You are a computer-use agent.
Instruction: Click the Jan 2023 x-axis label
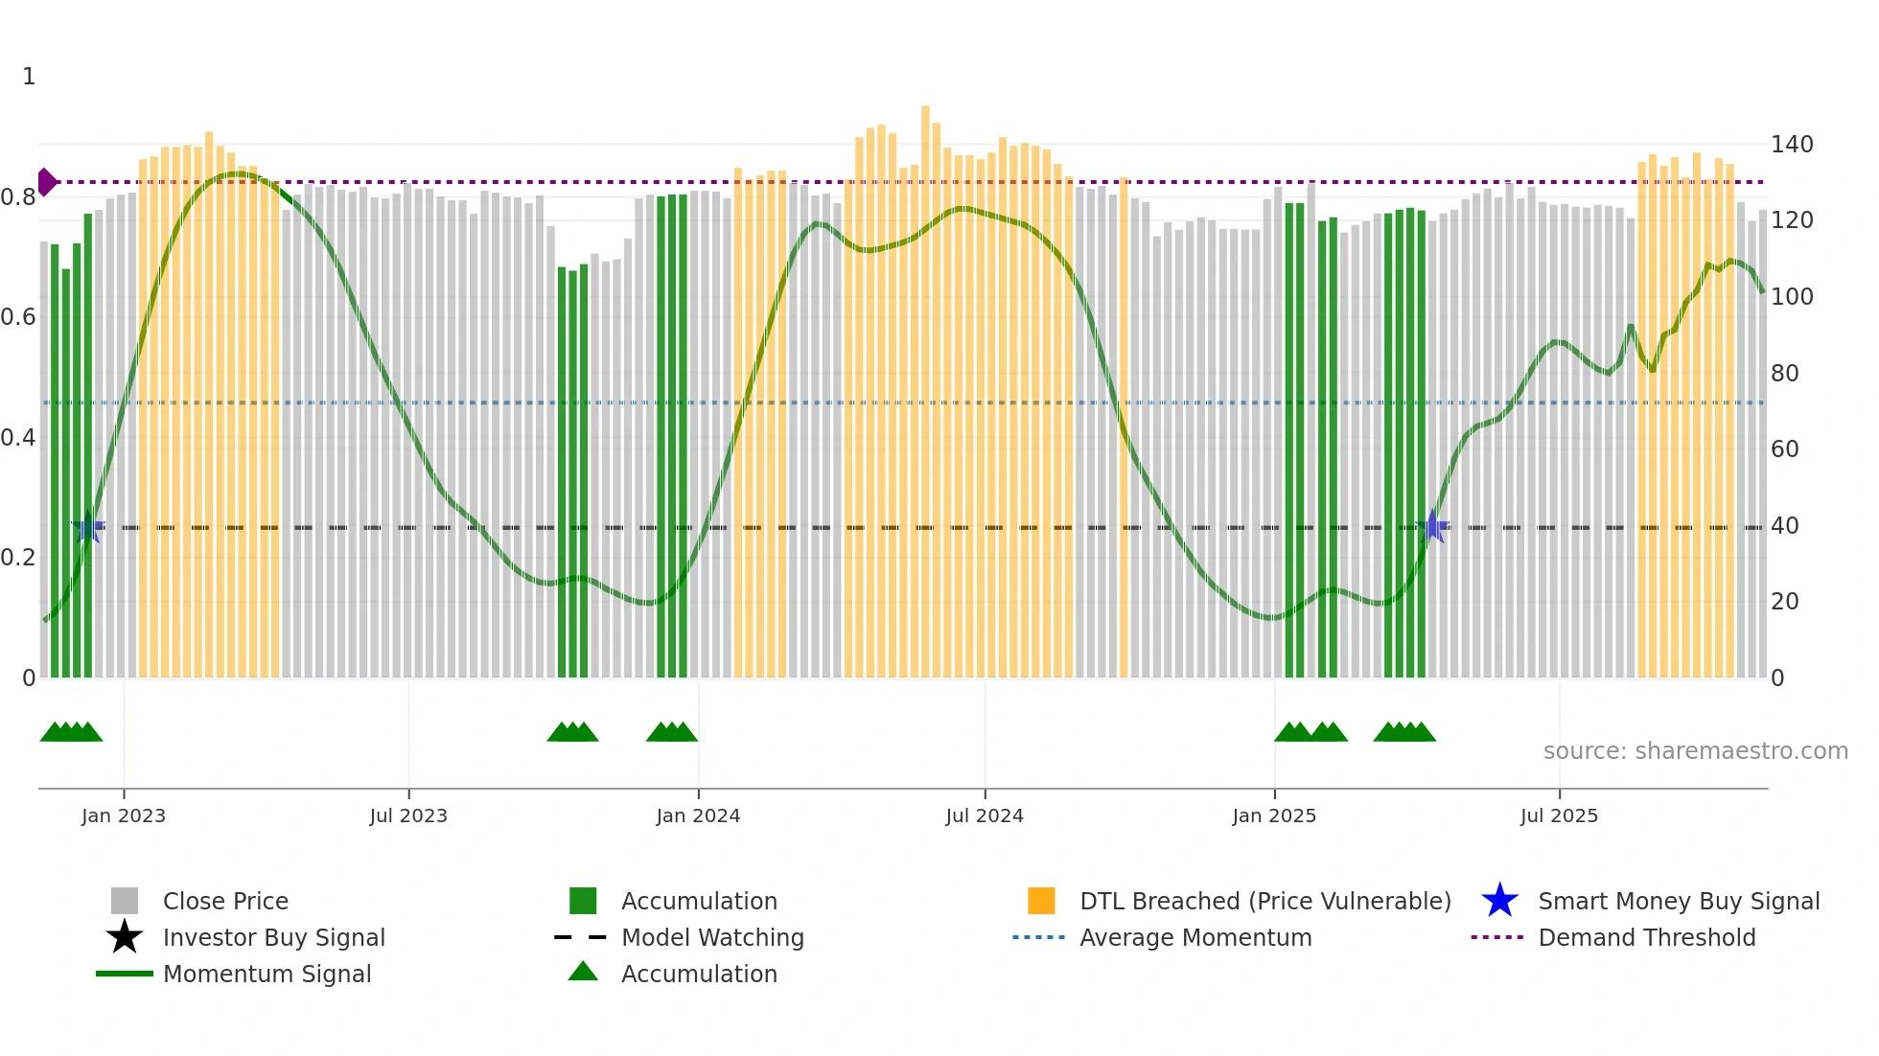coord(123,815)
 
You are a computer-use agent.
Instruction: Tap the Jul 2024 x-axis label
coord(985,815)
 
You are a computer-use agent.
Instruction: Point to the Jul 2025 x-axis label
coord(1559,815)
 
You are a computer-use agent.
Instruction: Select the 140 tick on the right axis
coord(1791,145)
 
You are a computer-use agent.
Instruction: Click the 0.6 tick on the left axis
coord(18,317)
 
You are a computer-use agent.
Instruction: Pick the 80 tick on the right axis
coord(1784,373)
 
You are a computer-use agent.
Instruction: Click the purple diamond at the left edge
coord(46,182)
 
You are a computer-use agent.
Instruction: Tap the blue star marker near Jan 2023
coord(88,527)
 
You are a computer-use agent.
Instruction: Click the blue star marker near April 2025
coord(1433,526)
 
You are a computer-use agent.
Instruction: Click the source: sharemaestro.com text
coord(1695,751)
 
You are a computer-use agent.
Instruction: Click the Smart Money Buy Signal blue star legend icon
coord(1499,901)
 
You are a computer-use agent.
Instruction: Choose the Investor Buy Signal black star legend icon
coord(125,937)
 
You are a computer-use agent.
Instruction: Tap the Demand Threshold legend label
coord(1646,937)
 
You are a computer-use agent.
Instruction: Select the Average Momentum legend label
coord(1195,937)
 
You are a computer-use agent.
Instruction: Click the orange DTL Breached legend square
coord(1041,901)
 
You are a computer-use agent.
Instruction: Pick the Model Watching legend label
coord(712,937)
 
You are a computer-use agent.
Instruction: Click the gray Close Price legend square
coord(125,901)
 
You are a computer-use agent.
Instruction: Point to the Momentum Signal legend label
coord(267,974)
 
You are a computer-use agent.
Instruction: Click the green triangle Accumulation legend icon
coord(583,972)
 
